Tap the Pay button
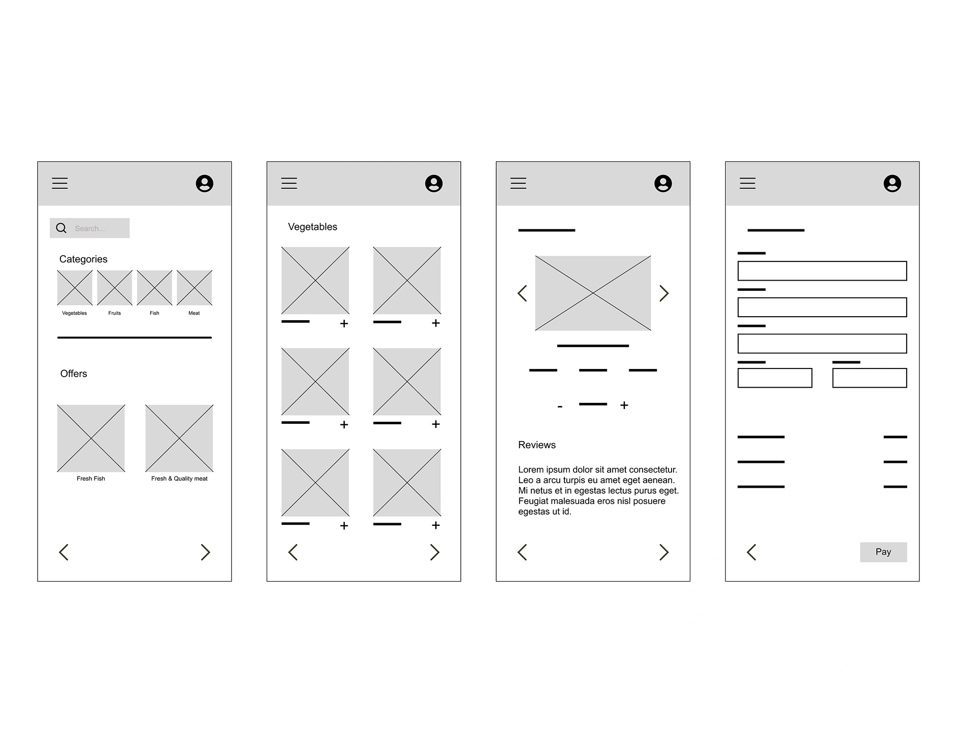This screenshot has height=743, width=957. pyautogui.click(x=883, y=552)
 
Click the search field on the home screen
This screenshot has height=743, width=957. pyautogui.click(x=89, y=228)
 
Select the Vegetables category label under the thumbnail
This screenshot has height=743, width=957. pyautogui.click(x=74, y=313)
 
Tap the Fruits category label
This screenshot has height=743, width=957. pyautogui.click(x=114, y=313)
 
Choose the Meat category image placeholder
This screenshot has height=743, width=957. pyautogui.click(x=194, y=288)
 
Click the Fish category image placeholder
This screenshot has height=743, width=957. pyautogui.click(x=154, y=288)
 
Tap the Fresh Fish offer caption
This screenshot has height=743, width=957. pyautogui.click(x=91, y=479)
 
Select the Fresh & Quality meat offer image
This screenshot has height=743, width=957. pyautogui.click(x=179, y=438)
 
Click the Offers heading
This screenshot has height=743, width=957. pyautogui.click(x=74, y=374)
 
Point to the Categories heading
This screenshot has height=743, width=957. pyautogui.click(x=83, y=259)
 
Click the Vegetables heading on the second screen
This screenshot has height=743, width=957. pyautogui.click(x=312, y=227)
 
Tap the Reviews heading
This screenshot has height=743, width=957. pyautogui.click(x=537, y=445)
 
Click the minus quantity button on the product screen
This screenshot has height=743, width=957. pyautogui.click(x=560, y=407)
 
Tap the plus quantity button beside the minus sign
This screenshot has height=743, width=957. pyautogui.click(x=624, y=405)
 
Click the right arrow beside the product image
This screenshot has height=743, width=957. pyautogui.click(x=664, y=293)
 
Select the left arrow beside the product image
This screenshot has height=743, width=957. pyautogui.click(x=522, y=293)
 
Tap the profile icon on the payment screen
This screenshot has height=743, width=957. pyautogui.click(x=892, y=183)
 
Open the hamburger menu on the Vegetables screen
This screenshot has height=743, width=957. pyautogui.click(x=289, y=183)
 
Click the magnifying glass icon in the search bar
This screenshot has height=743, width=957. pyautogui.click(x=61, y=228)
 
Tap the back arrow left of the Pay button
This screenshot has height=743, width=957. pyautogui.click(x=752, y=552)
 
